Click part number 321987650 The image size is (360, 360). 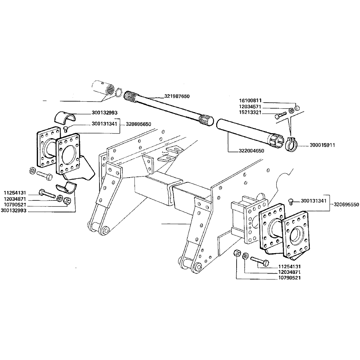tap(177, 96)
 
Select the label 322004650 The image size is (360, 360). tap(251, 151)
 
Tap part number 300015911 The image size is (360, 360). tap(322, 145)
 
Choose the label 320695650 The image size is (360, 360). tap(139, 124)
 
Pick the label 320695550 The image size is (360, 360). tap(346, 205)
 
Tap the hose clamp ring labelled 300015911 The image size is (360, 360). tap(291, 144)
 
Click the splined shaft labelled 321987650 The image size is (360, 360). tap(168, 108)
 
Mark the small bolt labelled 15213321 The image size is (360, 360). tap(281, 115)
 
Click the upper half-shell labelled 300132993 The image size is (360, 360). tap(65, 117)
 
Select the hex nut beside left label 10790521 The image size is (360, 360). tap(67, 200)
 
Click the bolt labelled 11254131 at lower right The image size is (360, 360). tap(260, 261)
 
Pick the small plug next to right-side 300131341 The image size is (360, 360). tap(291, 201)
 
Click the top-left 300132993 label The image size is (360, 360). tap(104, 112)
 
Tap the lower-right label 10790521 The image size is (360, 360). tap(289, 278)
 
